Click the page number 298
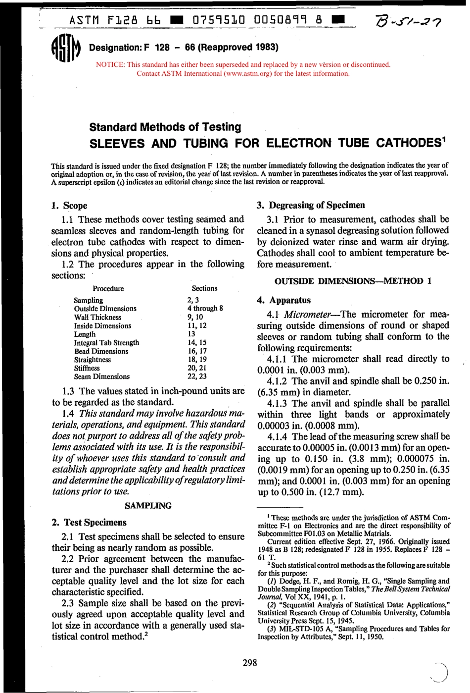pos(250,663)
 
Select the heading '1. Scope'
pos(69,206)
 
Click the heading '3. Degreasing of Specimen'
pos(311,205)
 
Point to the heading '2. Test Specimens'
pos(89,522)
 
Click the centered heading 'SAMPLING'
pos(148,506)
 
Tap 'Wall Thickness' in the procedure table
pos(97,317)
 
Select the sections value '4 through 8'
pos(205,308)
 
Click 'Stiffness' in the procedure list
pos(87,368)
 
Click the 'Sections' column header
pos(204,288)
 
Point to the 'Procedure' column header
pos(108,288)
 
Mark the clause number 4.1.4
pos(277,436)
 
